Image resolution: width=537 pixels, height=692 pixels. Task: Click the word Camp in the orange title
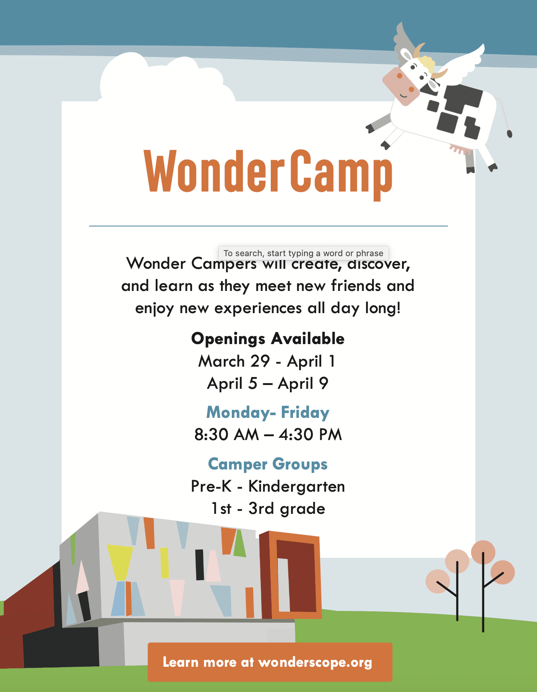pyautogui.click(x=341, y=174)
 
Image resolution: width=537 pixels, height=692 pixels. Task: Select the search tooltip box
pyautogui.click(x=303, y=253)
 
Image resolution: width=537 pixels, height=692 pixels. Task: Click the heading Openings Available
pyautogui.click(x=268, y=339)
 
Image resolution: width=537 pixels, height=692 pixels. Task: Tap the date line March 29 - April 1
pyautogui.click(x=267, y=361)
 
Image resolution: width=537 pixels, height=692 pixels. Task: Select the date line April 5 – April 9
pyautogui.click(x=268, y=383)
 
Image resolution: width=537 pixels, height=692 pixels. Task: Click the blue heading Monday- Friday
pyautogui.click(x=268, y=413)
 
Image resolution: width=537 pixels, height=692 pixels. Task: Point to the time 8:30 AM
pyautogui.click(x=226, y=435)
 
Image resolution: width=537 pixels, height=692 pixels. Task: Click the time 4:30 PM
pyautogui.click(x=310, y=435)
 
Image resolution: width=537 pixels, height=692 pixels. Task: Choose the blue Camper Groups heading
pyautogui.click(x=268, y=465)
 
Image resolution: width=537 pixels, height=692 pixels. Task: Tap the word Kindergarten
pyautogui.click(x=296, y=486)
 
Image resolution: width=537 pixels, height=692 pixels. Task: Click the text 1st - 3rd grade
pyautogui.click(x=268, y=509)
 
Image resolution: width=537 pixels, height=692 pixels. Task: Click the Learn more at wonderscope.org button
pyautogui.click(x=270, y=662)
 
